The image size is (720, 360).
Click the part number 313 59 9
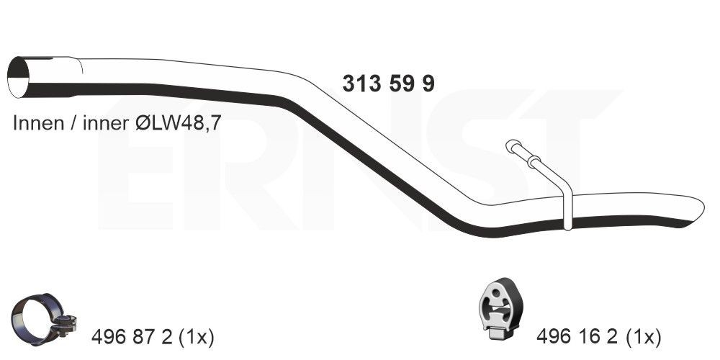pos(388,84)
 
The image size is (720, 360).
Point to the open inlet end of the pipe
pos(19,77)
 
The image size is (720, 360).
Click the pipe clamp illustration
pos(44,319)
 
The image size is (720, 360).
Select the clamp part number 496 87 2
pos(132,338)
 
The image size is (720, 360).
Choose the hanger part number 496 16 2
pos(577,338)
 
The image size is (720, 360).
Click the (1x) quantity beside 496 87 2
pos(196,338)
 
